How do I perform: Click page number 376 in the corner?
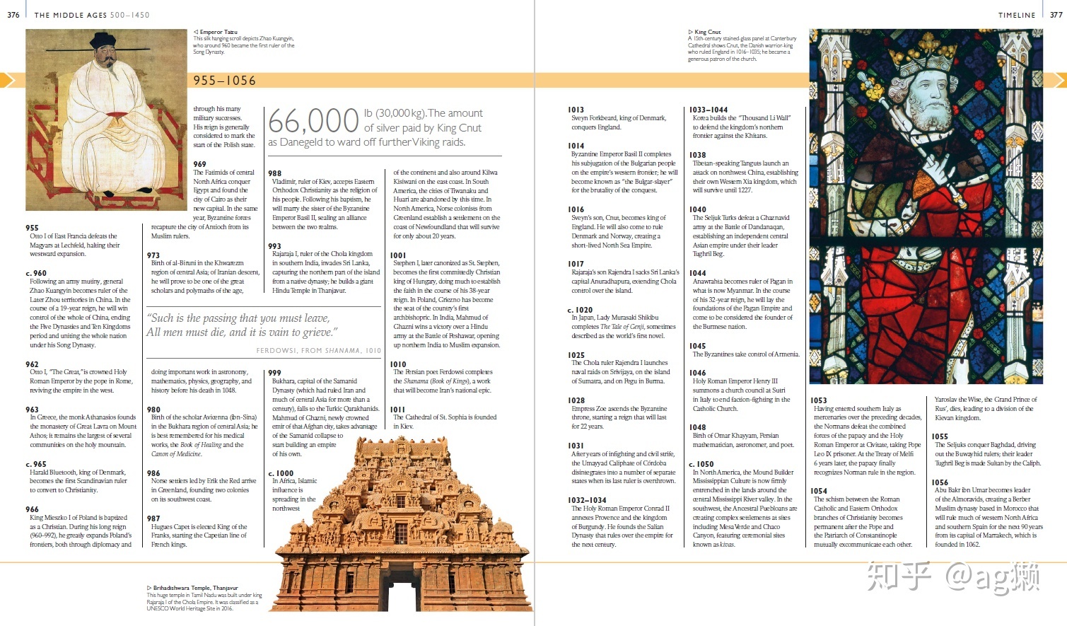[13, 15]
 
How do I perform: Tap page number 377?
[1056, 15]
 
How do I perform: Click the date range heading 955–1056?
[225, 81]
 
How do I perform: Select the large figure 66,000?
[313, 121]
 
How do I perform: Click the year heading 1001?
[399, 255]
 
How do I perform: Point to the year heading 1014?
[576, 146]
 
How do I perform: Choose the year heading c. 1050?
[701, 464]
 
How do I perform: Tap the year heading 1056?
[940, 482]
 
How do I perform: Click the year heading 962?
[32, 364]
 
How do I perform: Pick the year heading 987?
[153, 518]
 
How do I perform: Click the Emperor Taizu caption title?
[218, 32]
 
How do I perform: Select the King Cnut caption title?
[707, 32]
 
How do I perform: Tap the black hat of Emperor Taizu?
[103, 39]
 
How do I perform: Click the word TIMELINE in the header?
[1017, 15]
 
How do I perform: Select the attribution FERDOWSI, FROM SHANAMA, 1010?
[318, 350]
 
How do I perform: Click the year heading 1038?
[698, 155]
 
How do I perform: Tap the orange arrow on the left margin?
[7, 80]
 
